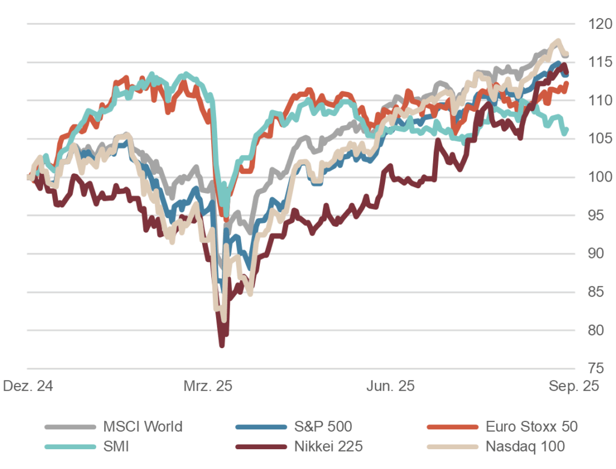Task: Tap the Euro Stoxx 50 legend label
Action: point(531,427)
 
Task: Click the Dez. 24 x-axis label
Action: point(28,387)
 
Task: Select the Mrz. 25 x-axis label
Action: point(208,387)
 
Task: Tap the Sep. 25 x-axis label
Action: point(573,387)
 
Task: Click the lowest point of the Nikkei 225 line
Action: point(222,345)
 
